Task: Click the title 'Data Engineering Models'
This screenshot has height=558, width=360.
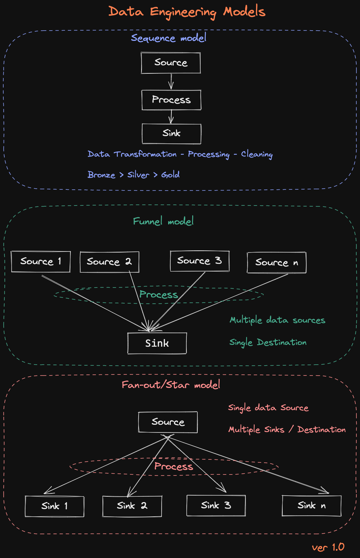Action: tap(187, 12)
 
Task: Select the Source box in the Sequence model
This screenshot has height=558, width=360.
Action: tap(171, 63)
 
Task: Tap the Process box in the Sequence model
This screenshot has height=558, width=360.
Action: tap(171, 100)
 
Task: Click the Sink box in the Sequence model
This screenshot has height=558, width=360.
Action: tap(171, 134)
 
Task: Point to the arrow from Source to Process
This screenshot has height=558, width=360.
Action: tap(171, 82)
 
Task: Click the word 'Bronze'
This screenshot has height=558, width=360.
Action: tap(101, 175)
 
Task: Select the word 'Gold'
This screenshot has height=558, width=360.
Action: tap(170, 175)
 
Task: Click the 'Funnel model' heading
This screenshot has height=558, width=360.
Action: tap(163, 221)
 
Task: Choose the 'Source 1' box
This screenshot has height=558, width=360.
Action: tap(40, 262)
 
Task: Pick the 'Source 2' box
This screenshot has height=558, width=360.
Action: tap(109, 262)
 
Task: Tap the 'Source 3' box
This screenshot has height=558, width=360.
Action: tap(200, 261)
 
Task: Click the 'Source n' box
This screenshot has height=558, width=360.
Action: tap(276, 263)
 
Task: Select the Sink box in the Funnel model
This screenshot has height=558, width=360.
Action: tap(157, 343)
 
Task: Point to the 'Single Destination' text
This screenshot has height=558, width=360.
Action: tap(268, 342)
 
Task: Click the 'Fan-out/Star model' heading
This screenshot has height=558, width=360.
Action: tap(171, 385)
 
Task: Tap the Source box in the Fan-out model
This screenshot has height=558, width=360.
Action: tap(168, 422)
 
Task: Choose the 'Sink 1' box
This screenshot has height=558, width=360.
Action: tap(54, 506)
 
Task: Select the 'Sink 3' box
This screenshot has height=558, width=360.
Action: tap(216, 505)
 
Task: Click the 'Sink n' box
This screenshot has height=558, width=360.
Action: tap(311, 506)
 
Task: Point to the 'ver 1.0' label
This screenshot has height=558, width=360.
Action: tap(328, 547)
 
